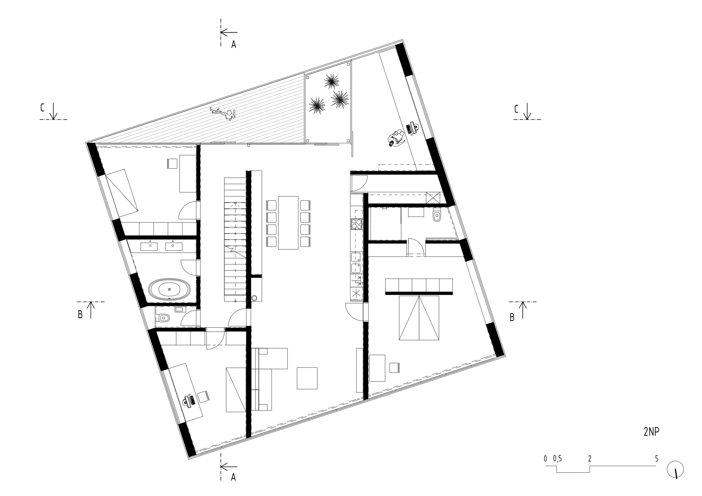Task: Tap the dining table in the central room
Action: point(288,222)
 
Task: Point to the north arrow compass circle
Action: point(675,469)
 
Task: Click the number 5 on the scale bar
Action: point(656,458)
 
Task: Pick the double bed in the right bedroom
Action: point(419,318)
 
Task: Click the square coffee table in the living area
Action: point(307,378)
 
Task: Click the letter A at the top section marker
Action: point(233,45)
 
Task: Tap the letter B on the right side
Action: point(512,318)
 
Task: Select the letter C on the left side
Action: point(42,108)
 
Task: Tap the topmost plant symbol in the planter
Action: point(331,82)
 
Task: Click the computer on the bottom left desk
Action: point(190,401)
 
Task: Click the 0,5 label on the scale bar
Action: point(557,458)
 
